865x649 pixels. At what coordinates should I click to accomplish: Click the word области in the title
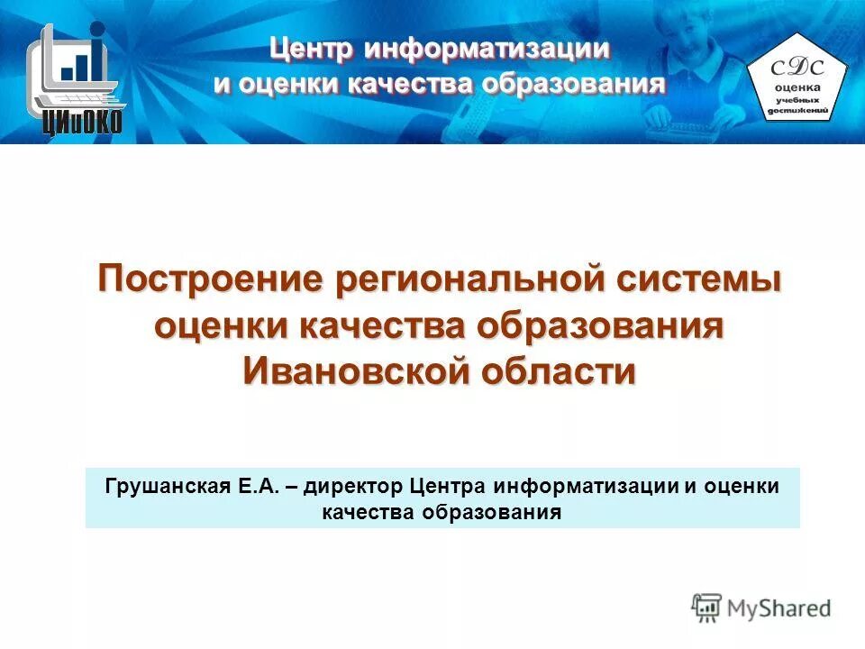[x=556, y=370]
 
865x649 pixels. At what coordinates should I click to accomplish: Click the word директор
[x=355, y=487]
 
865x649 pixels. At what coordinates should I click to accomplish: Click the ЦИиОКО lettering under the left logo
[x=81, y=123]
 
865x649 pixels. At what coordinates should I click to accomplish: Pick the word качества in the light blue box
[x=365, y=512]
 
